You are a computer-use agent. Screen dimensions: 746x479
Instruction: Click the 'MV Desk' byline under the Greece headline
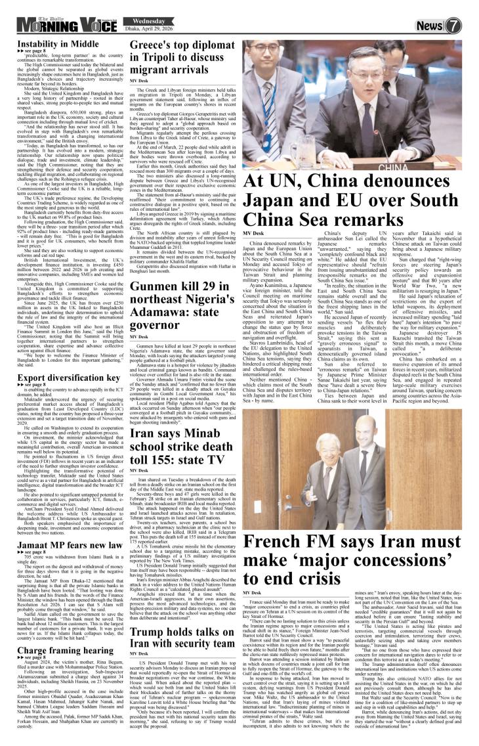pyautogui.click(x=138, y=80)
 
